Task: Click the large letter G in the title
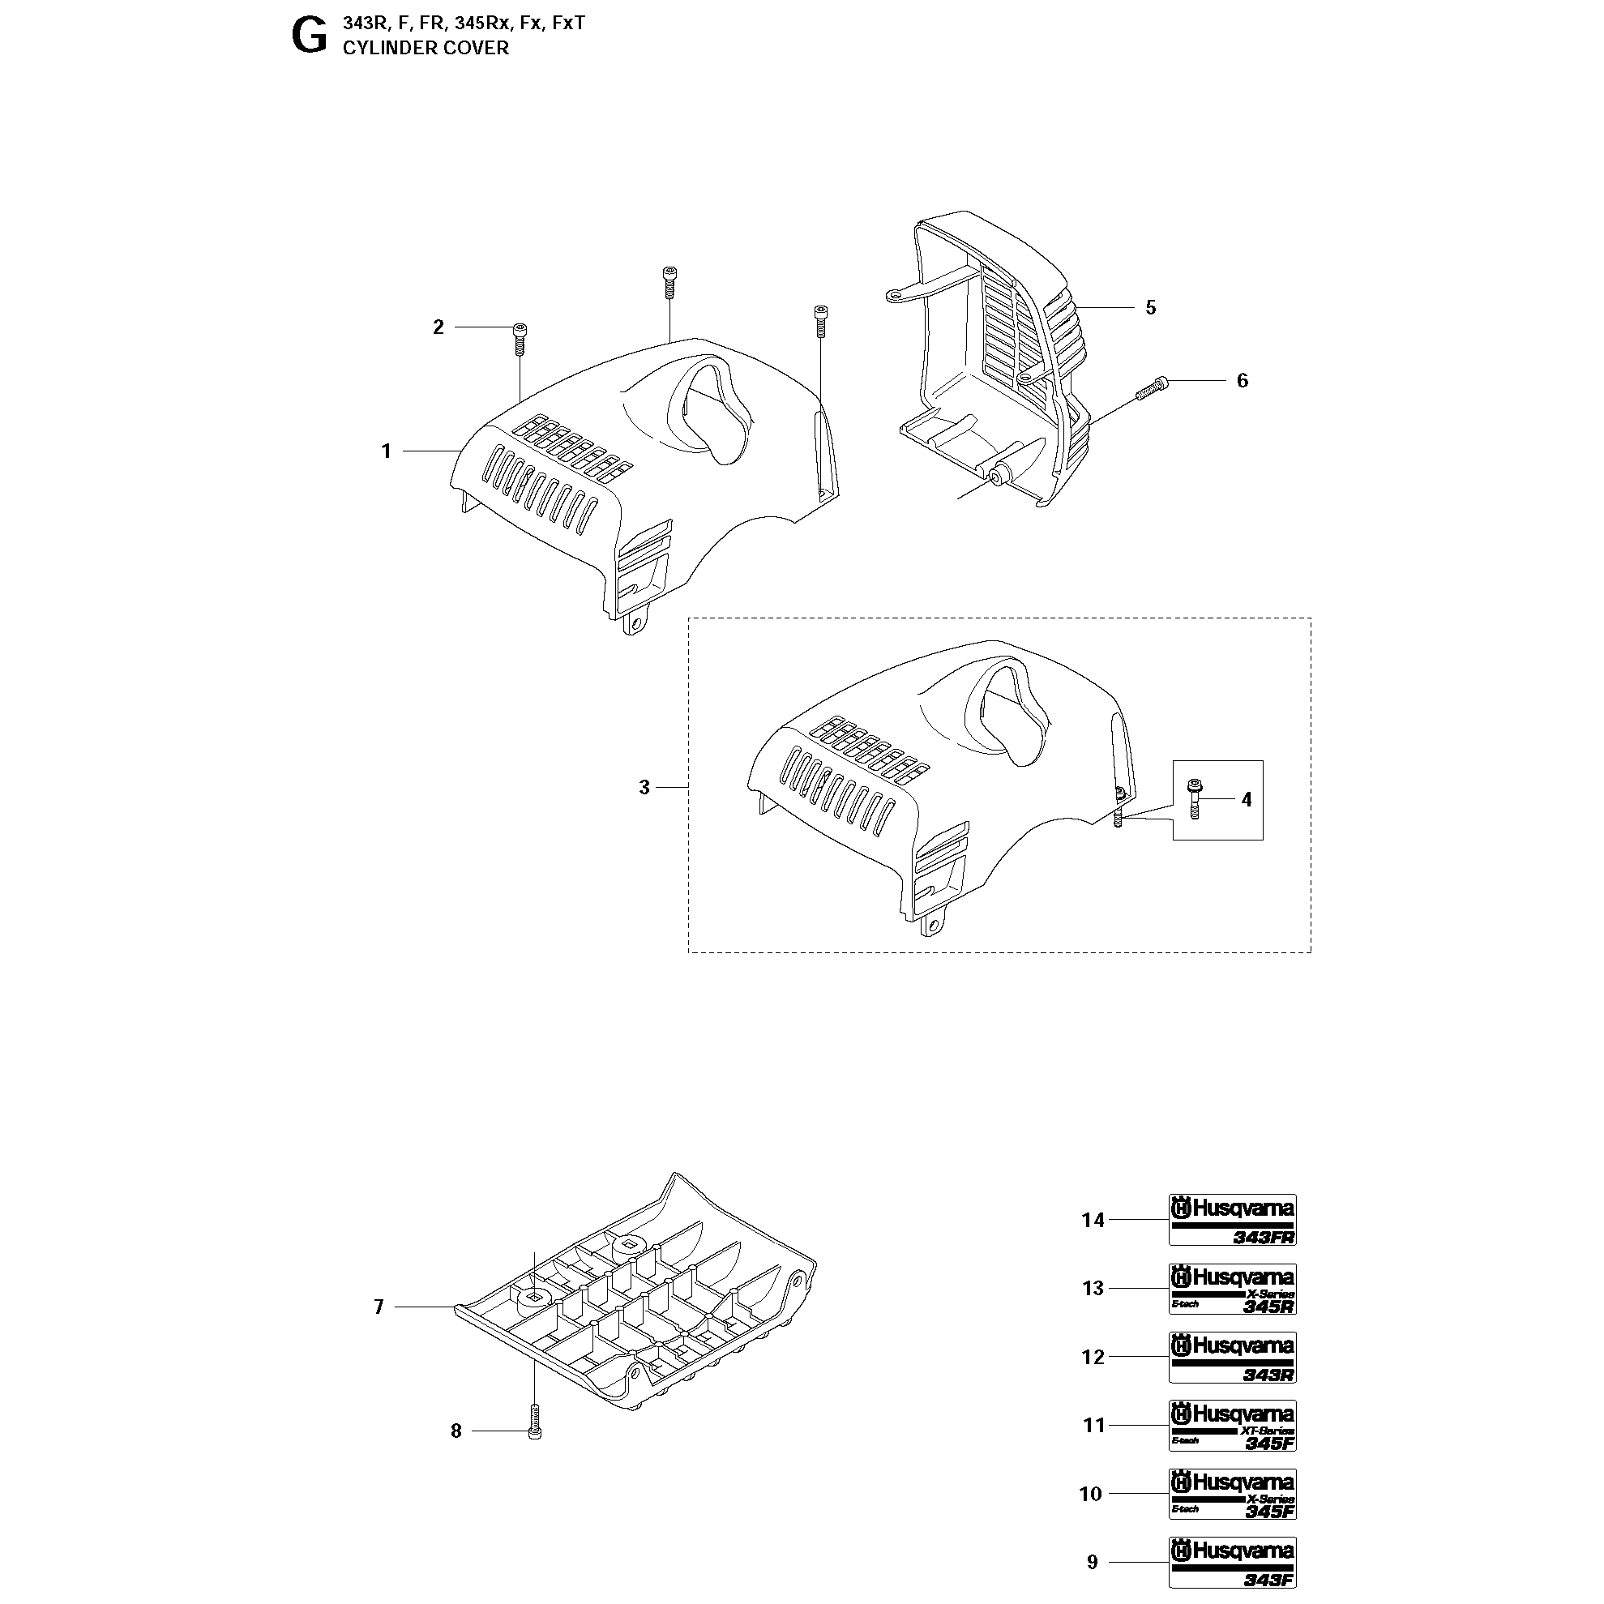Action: coord(310,37)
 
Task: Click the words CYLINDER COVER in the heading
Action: coord(425,48)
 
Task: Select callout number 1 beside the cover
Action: coord(386,451)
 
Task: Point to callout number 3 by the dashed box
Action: coord(644,787)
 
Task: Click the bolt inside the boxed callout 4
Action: coord(1195,798)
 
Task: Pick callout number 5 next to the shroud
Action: coord(1151,307)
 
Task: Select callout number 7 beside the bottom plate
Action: coord(379,1307)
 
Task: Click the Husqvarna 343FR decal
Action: coord(1232,1220)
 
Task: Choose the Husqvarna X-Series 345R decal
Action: coord(1232,1289)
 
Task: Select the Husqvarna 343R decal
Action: coord(1232,1358)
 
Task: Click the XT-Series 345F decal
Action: coord(1232,1426)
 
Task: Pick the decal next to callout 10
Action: coord(1232,1494)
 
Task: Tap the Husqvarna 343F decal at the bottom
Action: coord(1232,1562)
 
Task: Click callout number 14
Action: coord(1093,1221)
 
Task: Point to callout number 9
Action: coord(1093,1563)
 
